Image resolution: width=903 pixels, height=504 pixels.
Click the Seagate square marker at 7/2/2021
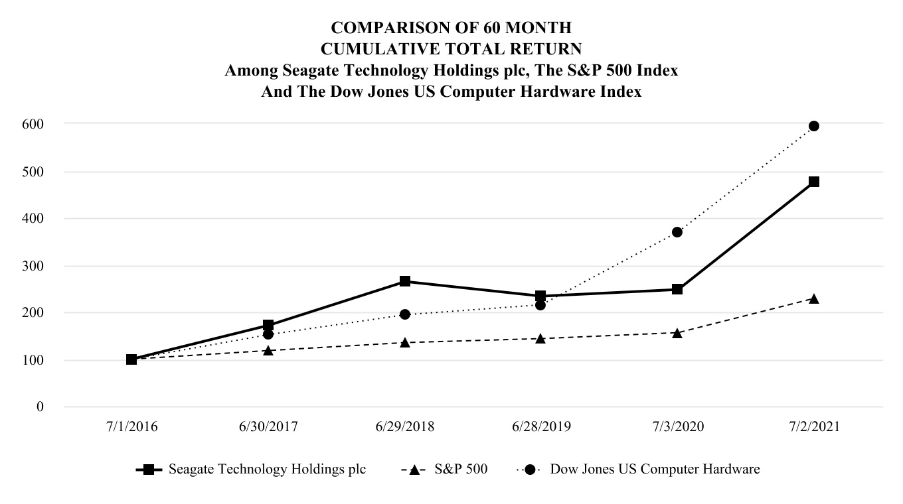[813, 182]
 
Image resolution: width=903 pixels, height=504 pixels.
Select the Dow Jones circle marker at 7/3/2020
[677, 232]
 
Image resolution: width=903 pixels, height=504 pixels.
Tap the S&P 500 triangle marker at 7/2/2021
[813, 298]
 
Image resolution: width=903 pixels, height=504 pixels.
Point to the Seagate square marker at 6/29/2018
[404, 281]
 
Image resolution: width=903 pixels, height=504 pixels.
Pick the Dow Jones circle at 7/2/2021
[813, 126]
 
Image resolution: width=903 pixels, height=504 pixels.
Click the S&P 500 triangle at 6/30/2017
[268, 350]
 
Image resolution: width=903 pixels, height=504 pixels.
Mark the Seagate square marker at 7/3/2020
[677, 289]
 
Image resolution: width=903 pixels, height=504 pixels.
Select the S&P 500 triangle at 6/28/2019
[540, 338]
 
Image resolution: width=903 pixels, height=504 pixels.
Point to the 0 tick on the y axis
[40, 407]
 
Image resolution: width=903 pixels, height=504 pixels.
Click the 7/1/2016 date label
[131, 427]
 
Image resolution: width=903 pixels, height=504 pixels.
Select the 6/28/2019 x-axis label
[540, 427]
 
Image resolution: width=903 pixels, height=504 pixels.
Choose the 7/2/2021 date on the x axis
[813, 427]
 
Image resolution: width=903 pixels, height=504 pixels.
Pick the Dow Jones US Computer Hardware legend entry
[655, 470]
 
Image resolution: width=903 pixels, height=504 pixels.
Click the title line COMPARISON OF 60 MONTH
[451, 28]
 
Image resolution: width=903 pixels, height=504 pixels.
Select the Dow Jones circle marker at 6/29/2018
[404, 314]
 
